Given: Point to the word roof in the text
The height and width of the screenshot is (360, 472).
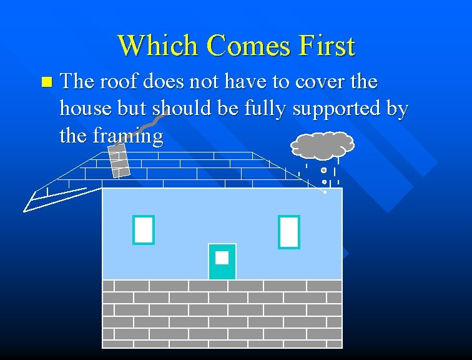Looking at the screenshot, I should [122, 82].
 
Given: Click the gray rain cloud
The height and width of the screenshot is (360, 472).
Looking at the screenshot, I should [322, 145].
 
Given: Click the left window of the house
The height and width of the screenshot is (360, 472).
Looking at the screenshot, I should [143, 230].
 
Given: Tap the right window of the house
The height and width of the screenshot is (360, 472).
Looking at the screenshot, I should [289, 232].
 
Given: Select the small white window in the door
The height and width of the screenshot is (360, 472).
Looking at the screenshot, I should [222, 257].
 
